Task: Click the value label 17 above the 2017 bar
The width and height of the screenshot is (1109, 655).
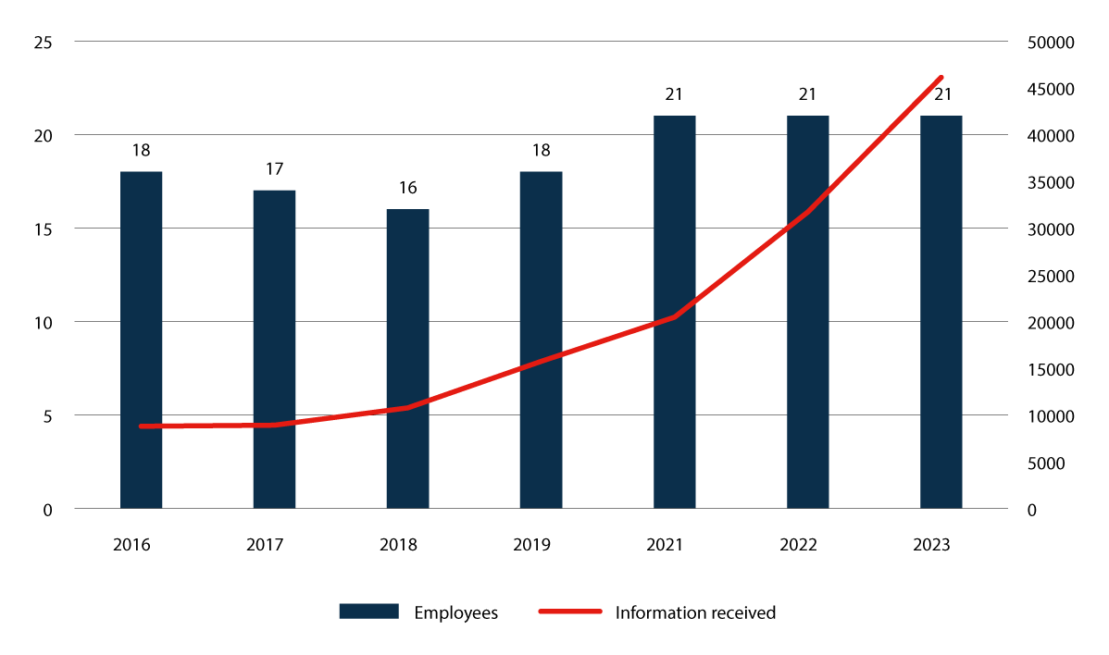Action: tap(274, 169)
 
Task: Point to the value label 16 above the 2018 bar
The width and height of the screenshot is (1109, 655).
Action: tap(407, 188)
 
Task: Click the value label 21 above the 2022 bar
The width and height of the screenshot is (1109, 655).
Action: tap(807, 94)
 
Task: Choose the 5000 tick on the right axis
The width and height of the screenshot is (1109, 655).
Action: tap(1050, 463)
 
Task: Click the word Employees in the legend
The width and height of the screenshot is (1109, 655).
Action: tap(455, 612)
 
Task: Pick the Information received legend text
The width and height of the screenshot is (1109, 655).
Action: tap(695, 612)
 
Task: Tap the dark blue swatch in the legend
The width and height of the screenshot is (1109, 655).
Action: tap(368, 612)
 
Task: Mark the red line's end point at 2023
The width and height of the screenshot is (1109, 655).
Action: tap(941, 78)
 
